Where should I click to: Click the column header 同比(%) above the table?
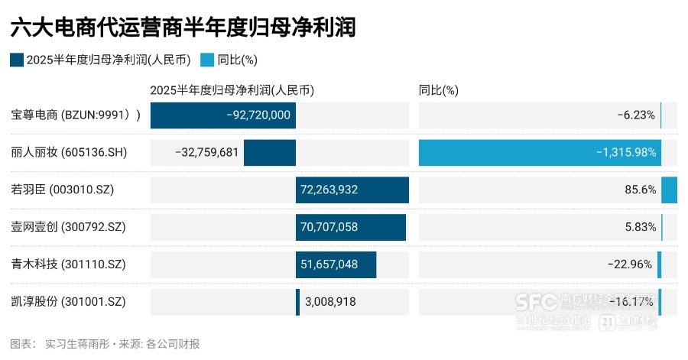pyautogui.click(x=438, y=90)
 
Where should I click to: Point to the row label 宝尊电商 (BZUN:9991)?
pyautogui.click(x=76, y=115)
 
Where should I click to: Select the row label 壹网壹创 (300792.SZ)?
pyautogui.click(x=68, y=227)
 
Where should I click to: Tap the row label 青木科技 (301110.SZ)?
pyautogui.click(x=68, y=264)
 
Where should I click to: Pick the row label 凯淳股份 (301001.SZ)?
pyautogui.click(x=68, y=302)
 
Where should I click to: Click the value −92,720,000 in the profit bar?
pyautogui.click(x=259, y=115)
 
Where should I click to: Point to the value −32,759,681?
pyautogui.click(x=207, y=153)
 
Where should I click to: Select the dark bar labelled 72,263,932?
pyautogui.click(x=352, y=190)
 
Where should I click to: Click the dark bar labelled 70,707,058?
pyautogui.click(x=350, y=227)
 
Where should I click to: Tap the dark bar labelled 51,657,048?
pyautogui.click(x=336, y=264)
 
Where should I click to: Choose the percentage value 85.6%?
pyautogui.click(x=640, y=190)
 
